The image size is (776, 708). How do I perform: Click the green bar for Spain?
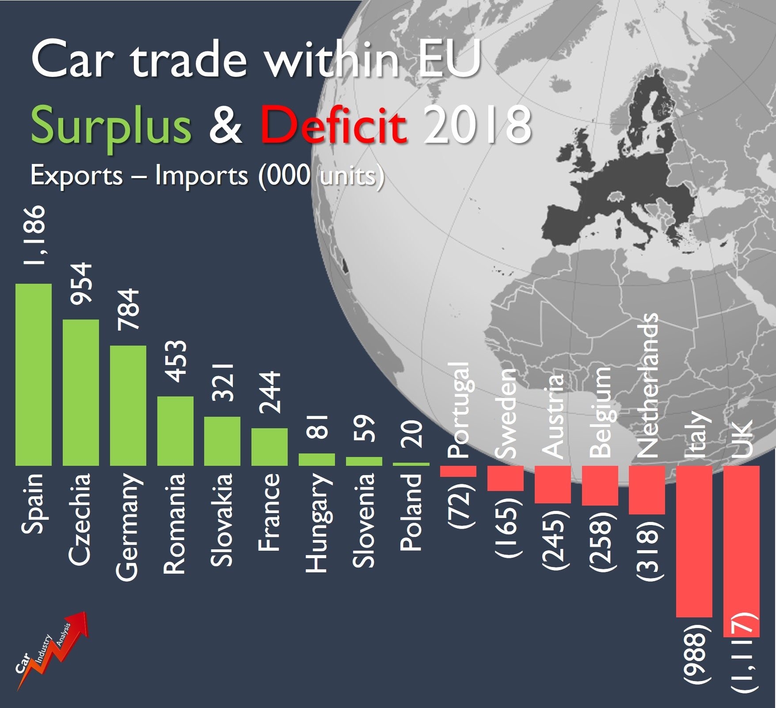tap(34, 374)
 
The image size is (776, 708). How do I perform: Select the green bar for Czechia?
tap(81, 392)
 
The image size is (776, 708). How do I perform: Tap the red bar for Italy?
tap(694, 541)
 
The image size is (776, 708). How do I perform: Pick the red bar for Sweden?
tap(505, 478)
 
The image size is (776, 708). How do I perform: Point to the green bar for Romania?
tap(175, 431)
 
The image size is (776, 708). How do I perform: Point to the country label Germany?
tap(128, 526)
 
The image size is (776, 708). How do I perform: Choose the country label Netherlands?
tap(647, 385)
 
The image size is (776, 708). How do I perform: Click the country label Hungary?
tap(317, 523)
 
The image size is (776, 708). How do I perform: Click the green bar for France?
tap(270, 446)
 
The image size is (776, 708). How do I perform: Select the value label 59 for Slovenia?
tap(364, 428)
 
